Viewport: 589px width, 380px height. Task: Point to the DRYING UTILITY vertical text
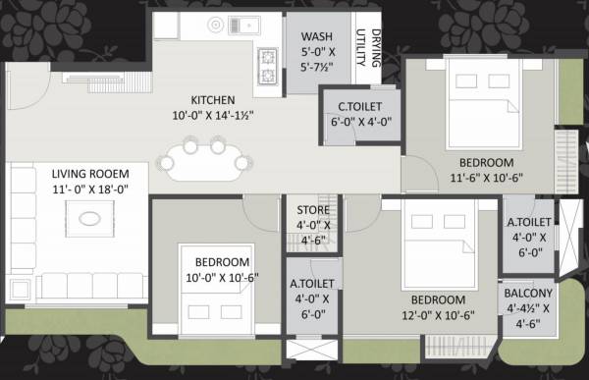pos(366,49)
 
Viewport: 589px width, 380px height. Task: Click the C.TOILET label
pos(352,106)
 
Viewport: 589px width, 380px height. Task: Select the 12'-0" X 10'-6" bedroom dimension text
pos(437,316)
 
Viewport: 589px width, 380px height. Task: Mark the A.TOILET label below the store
pos(312,286)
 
